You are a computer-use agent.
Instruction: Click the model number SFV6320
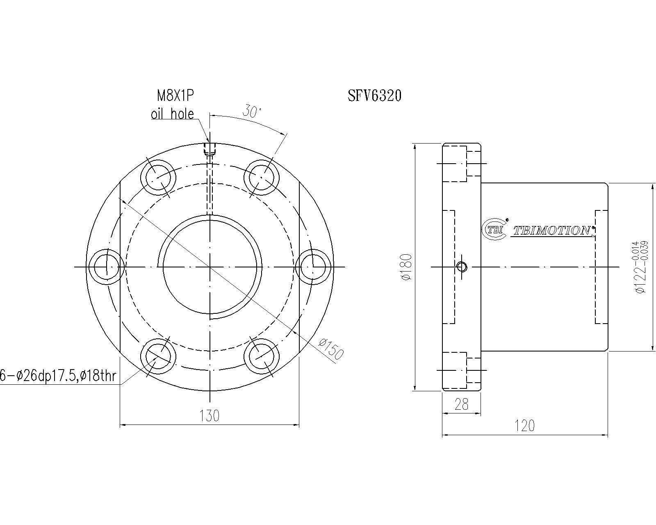pos(374,96)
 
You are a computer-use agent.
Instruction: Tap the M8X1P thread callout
pos(175,96)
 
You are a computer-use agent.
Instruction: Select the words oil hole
pos(173,114)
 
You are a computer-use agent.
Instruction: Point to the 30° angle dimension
pos(252,112)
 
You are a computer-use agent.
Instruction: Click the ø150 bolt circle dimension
pos(331,349)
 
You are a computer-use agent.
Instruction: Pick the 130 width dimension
pos(209,416)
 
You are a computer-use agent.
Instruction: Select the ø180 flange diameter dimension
pos(407,267)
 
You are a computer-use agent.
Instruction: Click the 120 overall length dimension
pos(524,426)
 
